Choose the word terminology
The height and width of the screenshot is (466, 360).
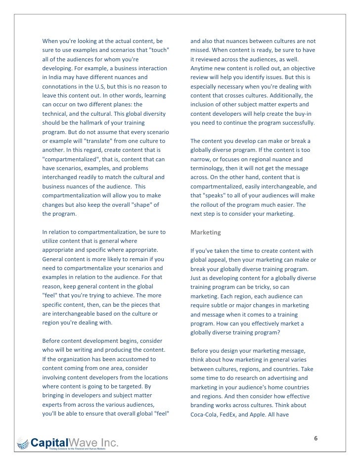click(210, 169)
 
